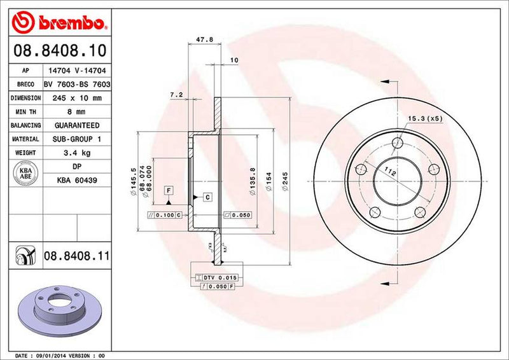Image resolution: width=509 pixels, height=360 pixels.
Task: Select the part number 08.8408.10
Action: [x=58, y=50]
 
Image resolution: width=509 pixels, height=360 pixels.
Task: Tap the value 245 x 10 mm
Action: [x=79, y=99]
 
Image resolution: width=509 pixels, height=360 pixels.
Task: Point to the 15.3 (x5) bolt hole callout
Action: [x=425, y=118]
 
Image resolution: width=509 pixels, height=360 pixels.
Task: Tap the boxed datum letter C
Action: [x=207, y=198]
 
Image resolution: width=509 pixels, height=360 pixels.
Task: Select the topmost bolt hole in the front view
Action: [x=398, y=142]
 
